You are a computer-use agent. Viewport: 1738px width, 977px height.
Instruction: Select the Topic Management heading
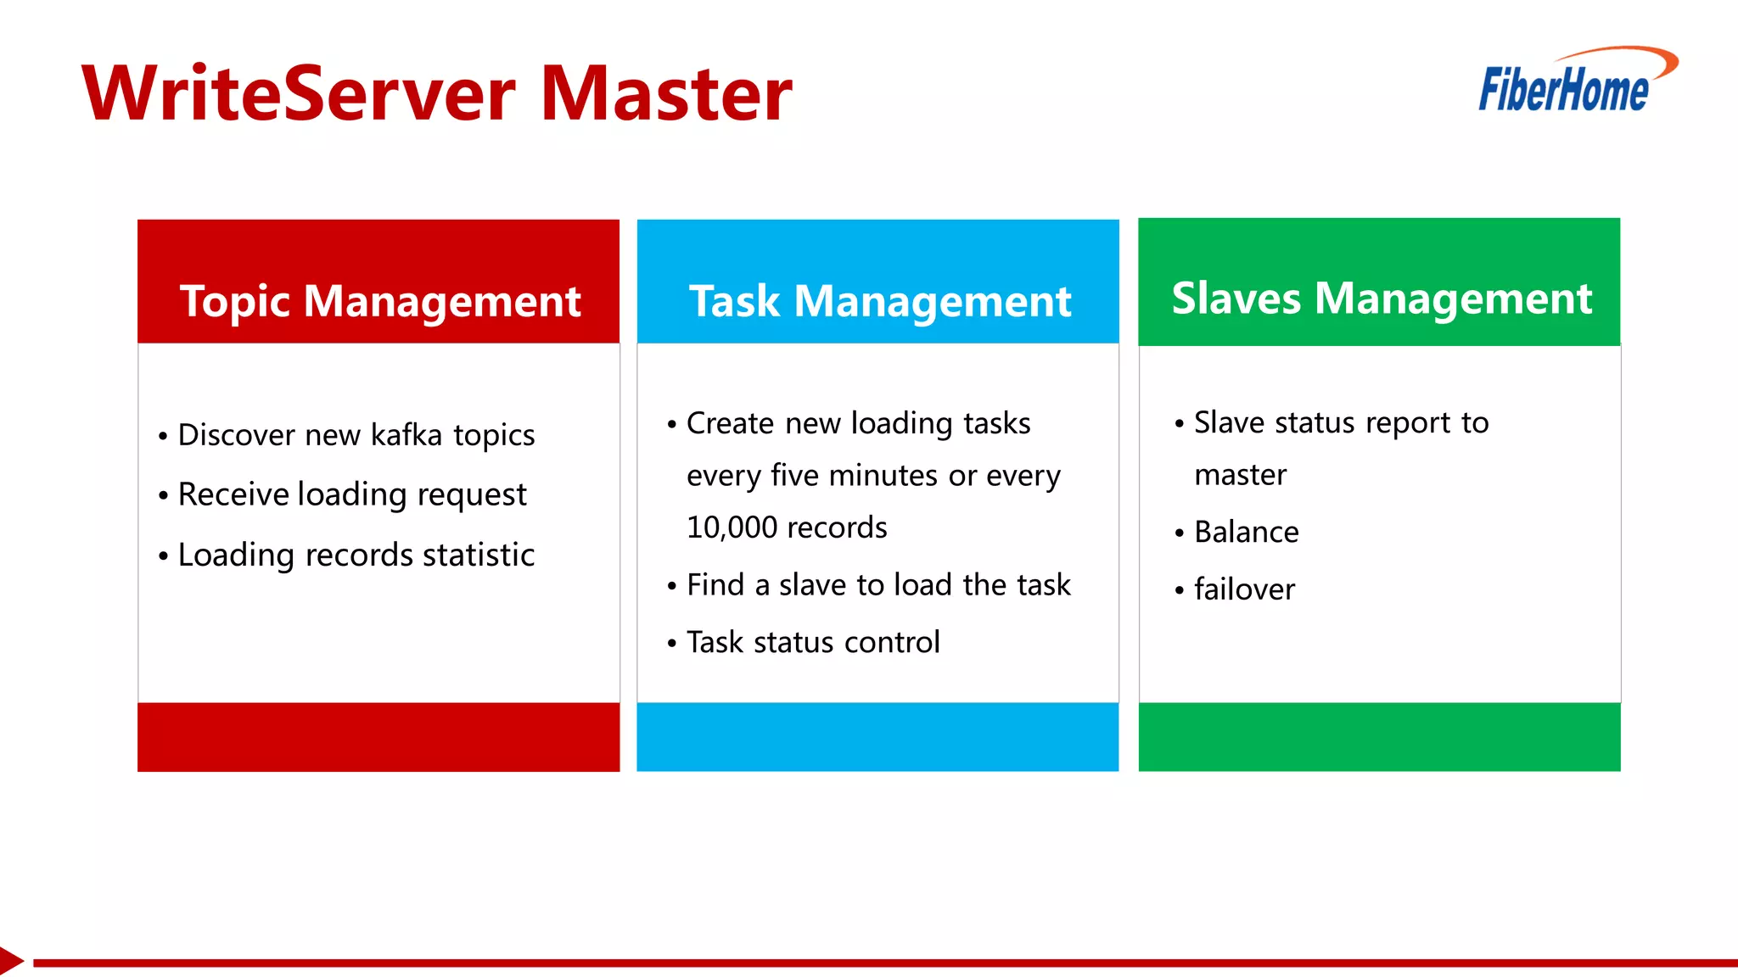coord(379,301)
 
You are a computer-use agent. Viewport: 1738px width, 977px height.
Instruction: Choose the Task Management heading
coord(879,301)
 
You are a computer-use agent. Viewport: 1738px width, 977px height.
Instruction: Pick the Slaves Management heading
coord(1381,299)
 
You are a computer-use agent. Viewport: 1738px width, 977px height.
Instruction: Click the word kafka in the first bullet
coord(406,435)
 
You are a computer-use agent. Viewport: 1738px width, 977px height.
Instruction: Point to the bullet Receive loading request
coord(352,494)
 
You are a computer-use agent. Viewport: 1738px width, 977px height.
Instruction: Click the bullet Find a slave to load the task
coord(877,585)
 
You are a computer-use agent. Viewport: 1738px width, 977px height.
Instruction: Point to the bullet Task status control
coord(812,643)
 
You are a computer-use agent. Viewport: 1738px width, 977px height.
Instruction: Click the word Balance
coord(1246,533)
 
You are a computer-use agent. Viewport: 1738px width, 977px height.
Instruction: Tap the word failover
coord(1244,589)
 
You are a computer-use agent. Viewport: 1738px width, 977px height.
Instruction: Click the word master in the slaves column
coord(1240,475)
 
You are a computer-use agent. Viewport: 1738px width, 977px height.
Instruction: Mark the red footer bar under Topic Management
coord(378,736)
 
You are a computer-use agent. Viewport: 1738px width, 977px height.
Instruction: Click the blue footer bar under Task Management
coord(877,736)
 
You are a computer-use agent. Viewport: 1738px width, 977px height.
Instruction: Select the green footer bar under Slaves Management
coord(1379,736)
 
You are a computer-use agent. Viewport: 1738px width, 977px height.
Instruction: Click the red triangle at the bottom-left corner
coord(9,961)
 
